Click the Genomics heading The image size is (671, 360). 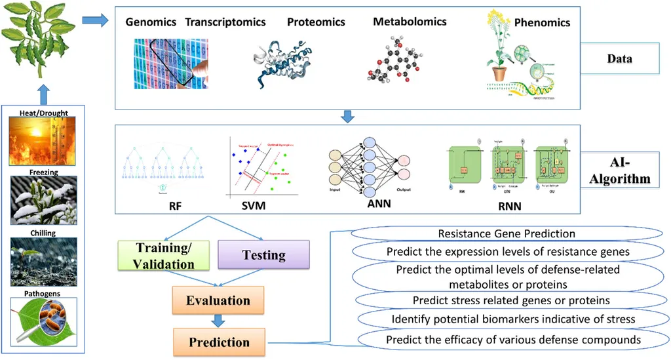coord(151,22)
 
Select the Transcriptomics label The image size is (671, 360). coord(225,22)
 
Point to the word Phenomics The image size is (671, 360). coord(542,22)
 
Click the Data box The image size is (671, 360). coord(619,59)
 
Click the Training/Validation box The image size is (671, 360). coord(165,256)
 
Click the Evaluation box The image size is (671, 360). coord(218,300)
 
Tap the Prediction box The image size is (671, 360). coord(219,342)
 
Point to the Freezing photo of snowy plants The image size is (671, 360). coord(44,200)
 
